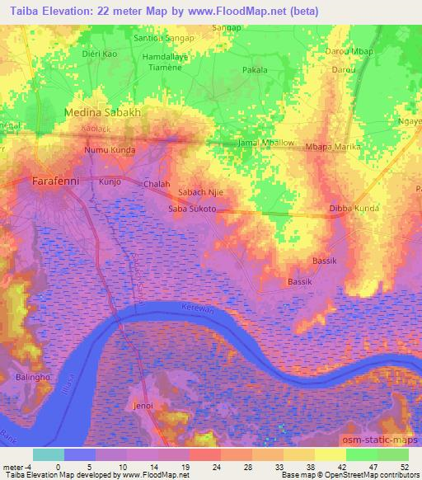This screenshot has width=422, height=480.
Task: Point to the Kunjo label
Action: [x=110, y=181]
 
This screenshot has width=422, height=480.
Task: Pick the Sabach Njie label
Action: [x=201, y=193]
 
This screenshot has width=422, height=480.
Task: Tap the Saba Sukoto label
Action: [x=192, y=209]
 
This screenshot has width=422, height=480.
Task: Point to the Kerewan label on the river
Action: [x=197, y=307]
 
